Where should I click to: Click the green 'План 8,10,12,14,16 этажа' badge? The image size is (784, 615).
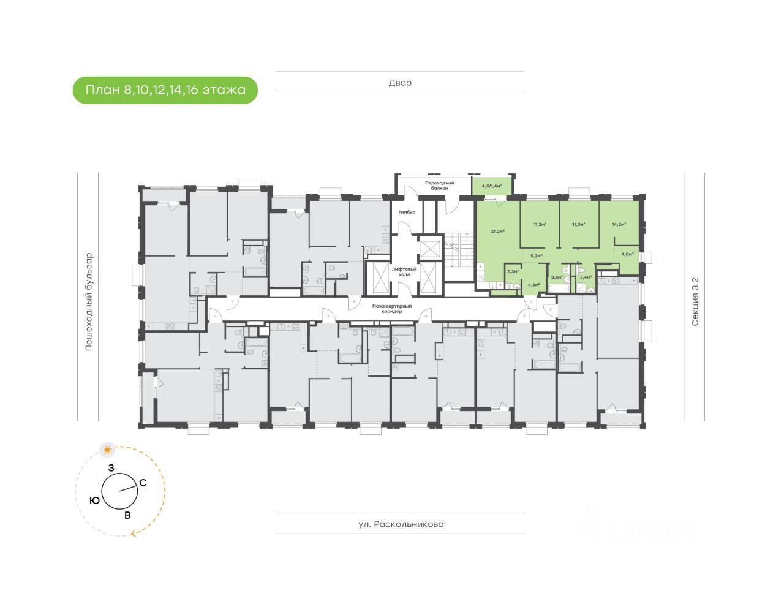[165, 90]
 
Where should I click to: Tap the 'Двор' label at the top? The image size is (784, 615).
[400, 83]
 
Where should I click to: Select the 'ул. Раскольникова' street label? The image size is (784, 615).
[401, 524]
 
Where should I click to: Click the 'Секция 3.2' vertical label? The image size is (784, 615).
[695, 301]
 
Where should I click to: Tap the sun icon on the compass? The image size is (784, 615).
[108, 450]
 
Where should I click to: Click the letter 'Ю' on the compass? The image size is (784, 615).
[95, 500]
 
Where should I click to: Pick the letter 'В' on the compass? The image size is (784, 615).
[127, 515]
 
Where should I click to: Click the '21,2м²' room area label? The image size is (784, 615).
[497, 231]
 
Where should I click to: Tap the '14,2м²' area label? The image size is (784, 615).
[619, 224]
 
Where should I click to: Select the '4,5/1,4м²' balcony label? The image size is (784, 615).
[492, 186]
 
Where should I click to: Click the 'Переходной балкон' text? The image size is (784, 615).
[440, 186]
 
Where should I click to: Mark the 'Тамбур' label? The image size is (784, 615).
[407, 212]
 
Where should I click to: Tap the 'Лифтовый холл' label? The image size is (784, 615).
[404, 272]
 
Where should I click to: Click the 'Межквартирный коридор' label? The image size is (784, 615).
[391, 309]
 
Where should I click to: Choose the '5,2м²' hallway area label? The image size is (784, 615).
[537, 255]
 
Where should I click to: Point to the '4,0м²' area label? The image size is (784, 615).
[627, 254]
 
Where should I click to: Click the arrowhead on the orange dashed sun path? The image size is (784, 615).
[133, 534]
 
